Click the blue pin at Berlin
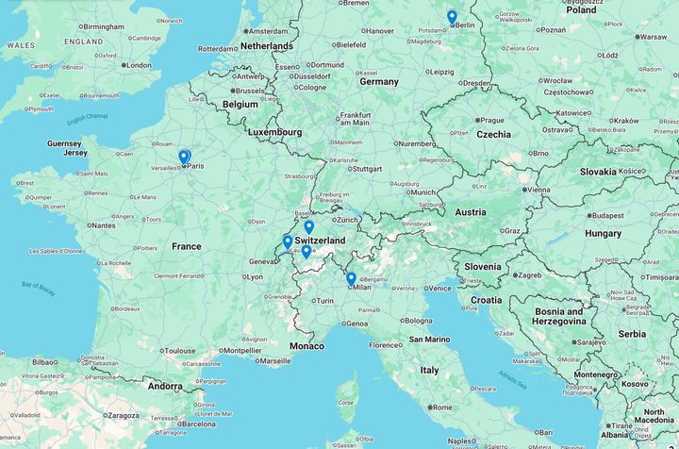coord(452,17)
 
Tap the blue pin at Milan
coord(351,278)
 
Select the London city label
coord(138,65)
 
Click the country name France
coord(186,246)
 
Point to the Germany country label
coord(379,82)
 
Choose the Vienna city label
coord(538,190)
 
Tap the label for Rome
coord(440,407)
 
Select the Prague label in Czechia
coord(491,121)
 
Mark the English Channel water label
coord(88,117)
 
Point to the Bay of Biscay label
coord(38,288)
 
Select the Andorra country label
coord(165,386)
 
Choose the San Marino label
coord(430,340)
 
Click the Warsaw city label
coord(653,37)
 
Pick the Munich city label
coord(422,192)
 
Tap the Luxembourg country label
coord(274,133)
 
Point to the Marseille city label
coord(275,360)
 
